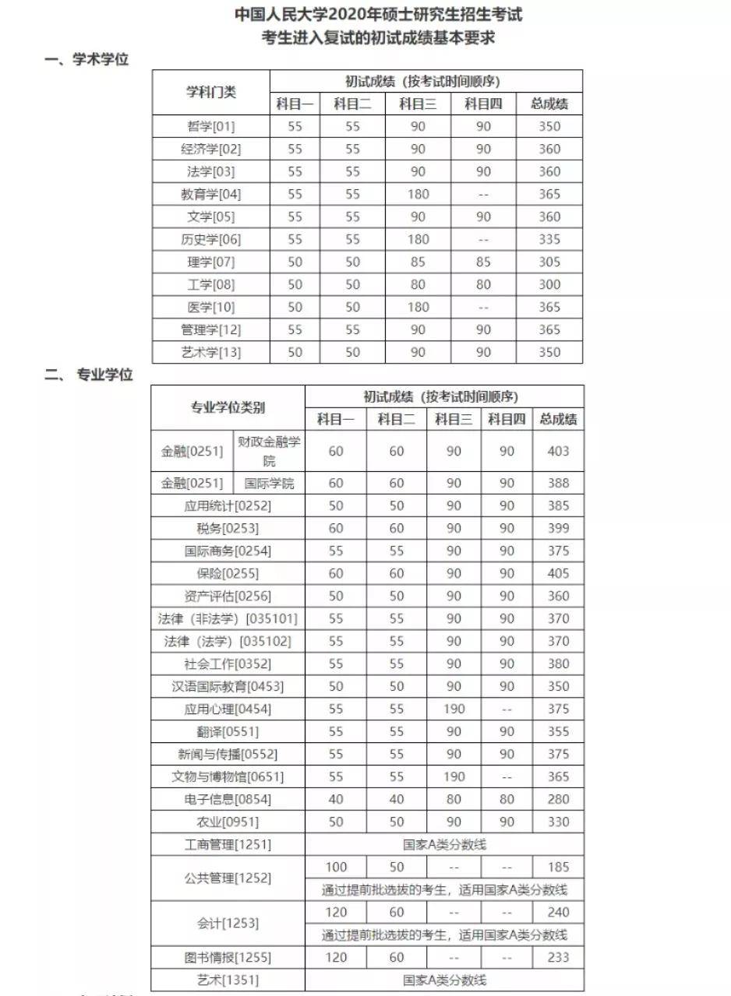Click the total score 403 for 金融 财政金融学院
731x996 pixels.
[x=558, y=451]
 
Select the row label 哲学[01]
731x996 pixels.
[x=210, y=126]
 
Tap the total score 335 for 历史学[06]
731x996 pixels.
[x=549, y=239]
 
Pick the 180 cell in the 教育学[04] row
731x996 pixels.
[x=418, y=194]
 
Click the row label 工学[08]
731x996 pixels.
[x=210, y=284]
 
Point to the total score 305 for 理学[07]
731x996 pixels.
[x=549, y=262]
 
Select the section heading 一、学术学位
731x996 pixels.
[x=87, y=60]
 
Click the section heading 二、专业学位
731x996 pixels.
[x=89, y=375]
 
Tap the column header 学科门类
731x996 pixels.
[x=210, y=92]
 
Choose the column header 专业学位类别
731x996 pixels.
[x=228, y=406]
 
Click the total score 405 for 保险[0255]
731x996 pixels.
[x=558, y=573]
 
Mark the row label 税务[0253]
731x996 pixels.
[x=228, y=528]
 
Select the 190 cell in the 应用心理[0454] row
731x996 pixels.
[x=454, y=709]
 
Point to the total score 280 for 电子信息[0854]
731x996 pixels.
[x=558, y=799]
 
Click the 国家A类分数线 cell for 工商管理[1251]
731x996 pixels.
[x=444, y=844]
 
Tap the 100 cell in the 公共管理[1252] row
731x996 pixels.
[x=336, y=867]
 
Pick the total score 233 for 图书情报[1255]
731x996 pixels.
[x=558, y=957]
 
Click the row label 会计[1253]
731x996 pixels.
[x=228, y=923]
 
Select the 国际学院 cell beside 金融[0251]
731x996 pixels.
[x=269, y=483]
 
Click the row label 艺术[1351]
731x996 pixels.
[x=228, y=980]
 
